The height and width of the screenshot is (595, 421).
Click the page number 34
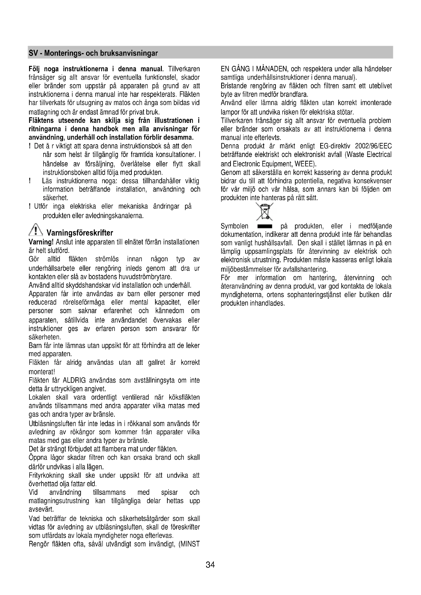[x=210, y=565]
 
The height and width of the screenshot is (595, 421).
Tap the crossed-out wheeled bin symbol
[x=264, y=211]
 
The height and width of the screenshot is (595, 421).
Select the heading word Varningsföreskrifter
[x=80, y=233]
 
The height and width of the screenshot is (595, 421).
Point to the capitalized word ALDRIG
[x=74, y=380]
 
